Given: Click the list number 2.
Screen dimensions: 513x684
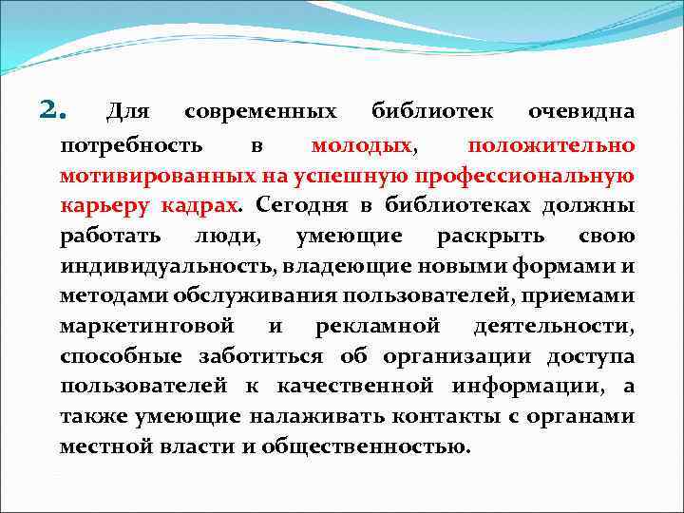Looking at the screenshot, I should (51, 112).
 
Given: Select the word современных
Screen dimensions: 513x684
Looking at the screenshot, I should (260, 113).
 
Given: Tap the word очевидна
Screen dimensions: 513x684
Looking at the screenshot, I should (581, 113).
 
